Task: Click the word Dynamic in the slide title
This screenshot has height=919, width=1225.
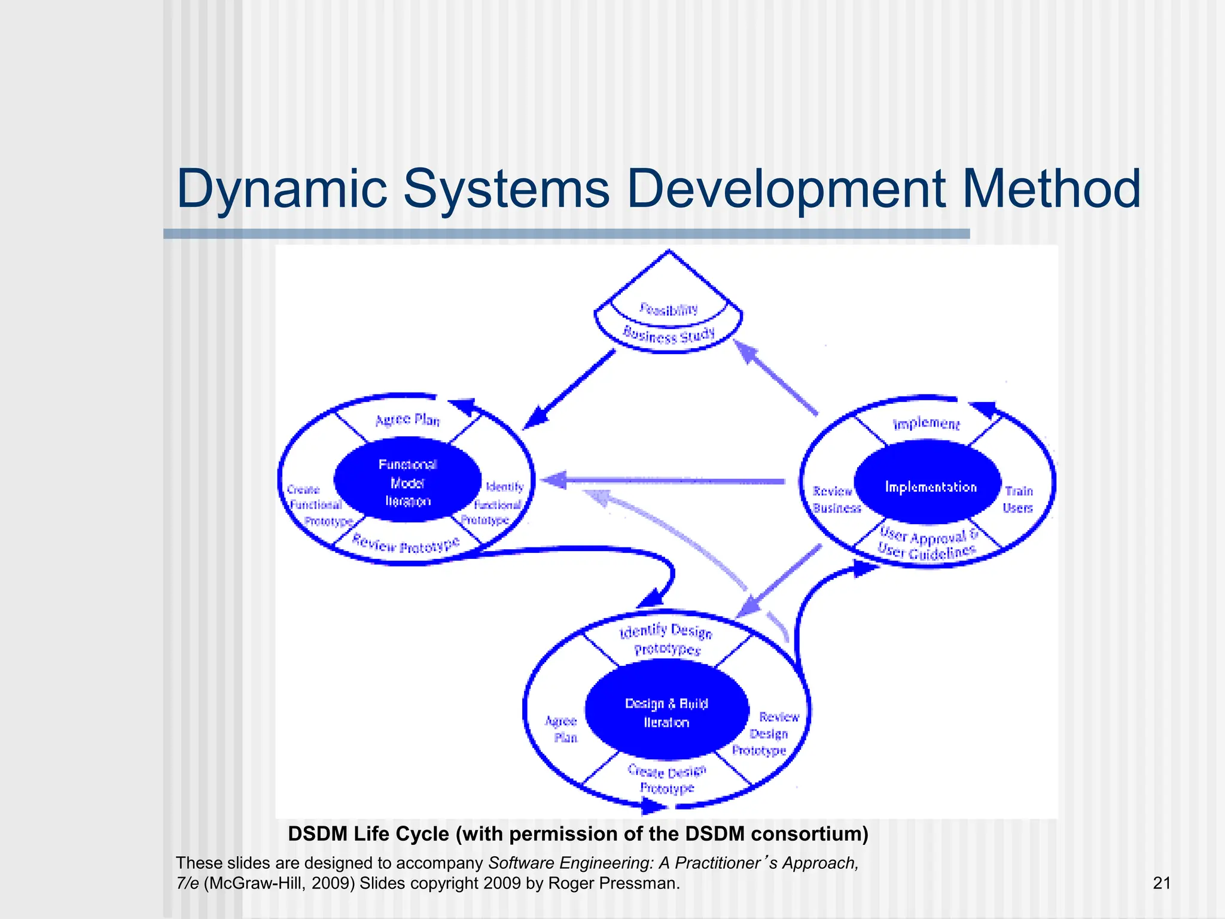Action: pyautogui.click(x=282, y=190)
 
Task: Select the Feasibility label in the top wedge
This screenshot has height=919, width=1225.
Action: pyautogui.click(x=668, y=309)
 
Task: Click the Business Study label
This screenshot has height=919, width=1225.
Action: pyautogui.click(x=669, y=335)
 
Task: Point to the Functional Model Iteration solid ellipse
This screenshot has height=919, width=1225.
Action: pyautogui.click(x=407, y=482)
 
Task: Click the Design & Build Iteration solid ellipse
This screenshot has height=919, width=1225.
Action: pyautogui.click(x=666, y=713)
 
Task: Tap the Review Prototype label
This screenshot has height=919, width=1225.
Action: pyautogui.click(x=406, y=544)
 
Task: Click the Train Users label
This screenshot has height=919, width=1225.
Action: pyautogui.click(x=1018, y=500)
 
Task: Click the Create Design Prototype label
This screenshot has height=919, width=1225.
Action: pyautogui.click(x=667, y=780)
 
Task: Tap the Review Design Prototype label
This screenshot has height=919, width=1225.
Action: pyautogui.click(x=769, y=734)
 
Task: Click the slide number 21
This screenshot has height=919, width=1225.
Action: pyautogui.click(x=1161, y=883)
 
